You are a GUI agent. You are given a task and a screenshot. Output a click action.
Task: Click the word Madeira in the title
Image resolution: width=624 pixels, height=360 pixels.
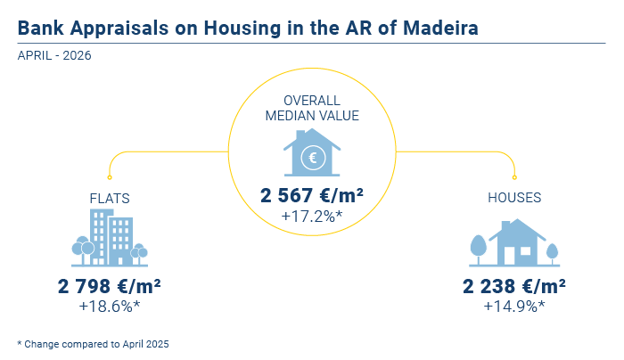440,29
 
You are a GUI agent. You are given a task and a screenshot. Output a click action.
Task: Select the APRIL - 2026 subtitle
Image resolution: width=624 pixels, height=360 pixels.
54,55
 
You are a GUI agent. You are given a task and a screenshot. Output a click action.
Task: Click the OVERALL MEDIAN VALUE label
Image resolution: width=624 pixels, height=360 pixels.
312,108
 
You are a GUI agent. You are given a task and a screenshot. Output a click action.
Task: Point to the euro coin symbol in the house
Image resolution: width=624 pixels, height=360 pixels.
313,158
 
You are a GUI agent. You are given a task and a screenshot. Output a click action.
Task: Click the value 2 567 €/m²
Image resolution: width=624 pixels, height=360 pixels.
312,195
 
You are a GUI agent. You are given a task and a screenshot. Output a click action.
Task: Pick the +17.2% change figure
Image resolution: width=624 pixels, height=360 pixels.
312,216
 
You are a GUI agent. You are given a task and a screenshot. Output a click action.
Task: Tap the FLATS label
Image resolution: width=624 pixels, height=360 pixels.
110,198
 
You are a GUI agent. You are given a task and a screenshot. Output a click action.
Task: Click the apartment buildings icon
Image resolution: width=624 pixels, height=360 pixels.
110,238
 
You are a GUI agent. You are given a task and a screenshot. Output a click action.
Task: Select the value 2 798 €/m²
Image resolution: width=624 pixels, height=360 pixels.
110,286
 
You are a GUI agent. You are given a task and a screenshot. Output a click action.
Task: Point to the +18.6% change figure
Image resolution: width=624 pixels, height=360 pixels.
110,307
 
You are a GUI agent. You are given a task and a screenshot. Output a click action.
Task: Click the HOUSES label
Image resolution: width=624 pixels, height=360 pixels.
514,198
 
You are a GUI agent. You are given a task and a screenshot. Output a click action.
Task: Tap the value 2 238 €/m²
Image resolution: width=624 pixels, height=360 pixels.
513,286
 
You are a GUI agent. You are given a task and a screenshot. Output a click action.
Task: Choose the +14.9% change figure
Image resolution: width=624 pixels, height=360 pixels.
513,307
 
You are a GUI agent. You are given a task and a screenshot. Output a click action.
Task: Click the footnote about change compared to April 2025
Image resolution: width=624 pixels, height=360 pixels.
93,344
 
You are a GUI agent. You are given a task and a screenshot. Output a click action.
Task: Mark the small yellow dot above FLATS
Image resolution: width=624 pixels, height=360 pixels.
110,177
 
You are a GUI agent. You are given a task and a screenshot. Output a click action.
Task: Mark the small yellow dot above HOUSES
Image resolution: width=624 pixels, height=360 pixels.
514,177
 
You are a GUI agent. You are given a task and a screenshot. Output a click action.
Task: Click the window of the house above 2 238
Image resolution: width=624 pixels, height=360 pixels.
525,251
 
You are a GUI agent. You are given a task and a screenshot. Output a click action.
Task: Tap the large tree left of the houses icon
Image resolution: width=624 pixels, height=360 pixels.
479,250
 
